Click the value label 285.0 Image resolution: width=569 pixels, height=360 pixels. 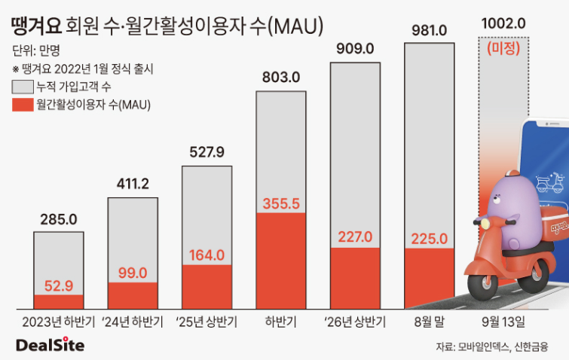click(59, 219)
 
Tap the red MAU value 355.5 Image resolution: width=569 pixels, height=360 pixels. click(281, 203)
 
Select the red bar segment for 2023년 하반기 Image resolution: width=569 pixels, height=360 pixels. click(59, 301)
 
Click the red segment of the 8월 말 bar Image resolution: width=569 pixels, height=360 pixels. click(430, 279)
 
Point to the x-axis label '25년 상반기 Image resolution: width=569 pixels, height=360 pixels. click(206, 322)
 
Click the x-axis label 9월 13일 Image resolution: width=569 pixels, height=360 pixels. click(503, 322)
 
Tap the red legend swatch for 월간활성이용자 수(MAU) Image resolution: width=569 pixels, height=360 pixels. click(23, 105)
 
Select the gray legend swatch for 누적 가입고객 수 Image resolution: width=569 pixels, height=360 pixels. click(23, 87)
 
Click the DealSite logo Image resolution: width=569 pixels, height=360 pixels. click(50, 345)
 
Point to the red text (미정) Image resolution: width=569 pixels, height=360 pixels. click(503, 48)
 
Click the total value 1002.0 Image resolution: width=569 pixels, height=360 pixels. click(503, 23)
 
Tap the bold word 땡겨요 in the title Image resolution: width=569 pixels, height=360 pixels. click(36, 26)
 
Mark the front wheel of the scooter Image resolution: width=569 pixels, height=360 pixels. click(482, 286)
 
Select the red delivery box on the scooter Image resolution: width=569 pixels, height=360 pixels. click(554, 225)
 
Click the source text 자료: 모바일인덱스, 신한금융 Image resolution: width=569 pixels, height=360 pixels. click(491, 346)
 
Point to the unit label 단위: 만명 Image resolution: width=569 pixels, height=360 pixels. click(36, 50)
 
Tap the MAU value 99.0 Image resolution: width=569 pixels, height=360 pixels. click(133, 273)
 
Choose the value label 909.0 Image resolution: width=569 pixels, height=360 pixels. click(355, 49)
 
